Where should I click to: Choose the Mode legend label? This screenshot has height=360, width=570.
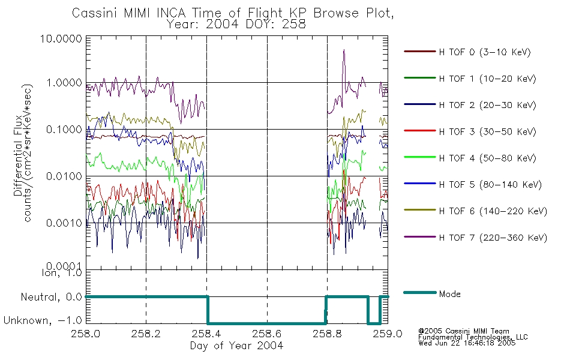coord(449,294)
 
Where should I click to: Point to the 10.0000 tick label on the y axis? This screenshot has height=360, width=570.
coord(61,38)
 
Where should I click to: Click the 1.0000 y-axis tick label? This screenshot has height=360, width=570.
coord(64,83)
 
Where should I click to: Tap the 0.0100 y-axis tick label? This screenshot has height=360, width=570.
coord(64,176)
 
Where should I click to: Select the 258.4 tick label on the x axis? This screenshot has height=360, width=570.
coord(206,334)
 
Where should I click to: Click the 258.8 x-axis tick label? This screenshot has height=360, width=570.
coord(327,334)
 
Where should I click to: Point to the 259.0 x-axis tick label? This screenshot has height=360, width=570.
coord(388,334)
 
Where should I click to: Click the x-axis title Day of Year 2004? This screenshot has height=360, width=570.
coord(236,346)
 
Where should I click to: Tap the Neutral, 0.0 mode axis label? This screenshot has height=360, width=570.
coord(51,298)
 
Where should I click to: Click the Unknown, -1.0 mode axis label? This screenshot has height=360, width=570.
coord(43,320)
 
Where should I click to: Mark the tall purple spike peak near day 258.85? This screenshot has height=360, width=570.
coord(344,50)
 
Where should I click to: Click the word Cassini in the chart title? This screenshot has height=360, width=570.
coord(95,13)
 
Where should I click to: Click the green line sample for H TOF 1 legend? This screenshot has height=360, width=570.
coord(419,78)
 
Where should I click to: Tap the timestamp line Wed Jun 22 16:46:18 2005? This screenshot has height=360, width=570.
coord(467,343)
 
